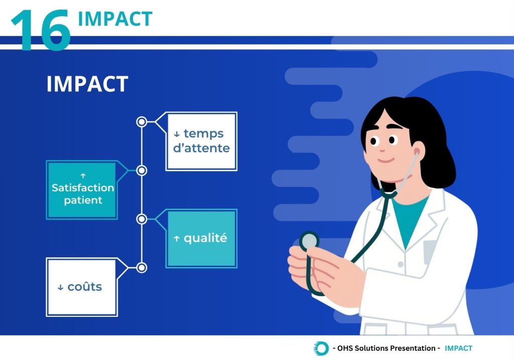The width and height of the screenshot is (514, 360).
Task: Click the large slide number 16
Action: pos(41,30)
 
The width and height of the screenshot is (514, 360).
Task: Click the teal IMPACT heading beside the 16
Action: pos(115,19)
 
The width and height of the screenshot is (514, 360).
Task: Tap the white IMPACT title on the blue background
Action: pos(87,84)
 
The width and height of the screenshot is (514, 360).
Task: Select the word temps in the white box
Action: pos(204,134)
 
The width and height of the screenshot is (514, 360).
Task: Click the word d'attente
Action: pos(201,148)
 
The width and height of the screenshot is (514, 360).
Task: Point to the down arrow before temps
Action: pos(177,134)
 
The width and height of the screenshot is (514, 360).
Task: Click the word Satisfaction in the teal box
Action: pos(83,188)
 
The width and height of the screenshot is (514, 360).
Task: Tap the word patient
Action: pos(83,200)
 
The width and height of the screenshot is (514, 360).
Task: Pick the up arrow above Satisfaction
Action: pos(83,176)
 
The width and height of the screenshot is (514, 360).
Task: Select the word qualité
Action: pos(205,237)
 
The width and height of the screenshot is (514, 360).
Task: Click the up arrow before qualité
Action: pos(177,238)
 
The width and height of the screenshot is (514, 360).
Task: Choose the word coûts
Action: pos(84,287)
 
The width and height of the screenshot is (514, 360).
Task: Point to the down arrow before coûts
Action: pos(60,288)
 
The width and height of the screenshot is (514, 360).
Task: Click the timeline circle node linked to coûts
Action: pos(142,268)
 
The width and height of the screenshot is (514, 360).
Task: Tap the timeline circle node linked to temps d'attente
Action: pos(142,122)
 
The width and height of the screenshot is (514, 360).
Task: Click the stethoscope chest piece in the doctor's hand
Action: pos(309,241)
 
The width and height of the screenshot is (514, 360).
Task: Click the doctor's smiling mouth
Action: pos(386,160)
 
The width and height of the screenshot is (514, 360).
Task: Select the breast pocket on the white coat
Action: pos(430,252)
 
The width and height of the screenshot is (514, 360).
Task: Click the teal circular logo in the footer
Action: pos(321,348)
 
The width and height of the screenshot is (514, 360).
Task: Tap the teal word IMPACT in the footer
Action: pos(458,348)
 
